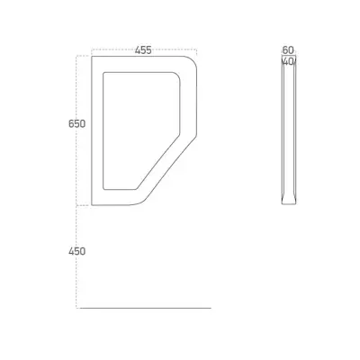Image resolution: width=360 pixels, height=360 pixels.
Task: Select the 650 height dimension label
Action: [76, 124]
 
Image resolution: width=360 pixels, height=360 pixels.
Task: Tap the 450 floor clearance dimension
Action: [76, 251]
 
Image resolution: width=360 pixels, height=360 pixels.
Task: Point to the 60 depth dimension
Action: [288, 50]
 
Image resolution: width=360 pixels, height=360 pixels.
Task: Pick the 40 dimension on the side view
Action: [287, 62]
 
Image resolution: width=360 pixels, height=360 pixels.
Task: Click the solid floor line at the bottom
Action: [144, 308]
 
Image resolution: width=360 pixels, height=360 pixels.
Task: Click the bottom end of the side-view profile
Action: [288, 202]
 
